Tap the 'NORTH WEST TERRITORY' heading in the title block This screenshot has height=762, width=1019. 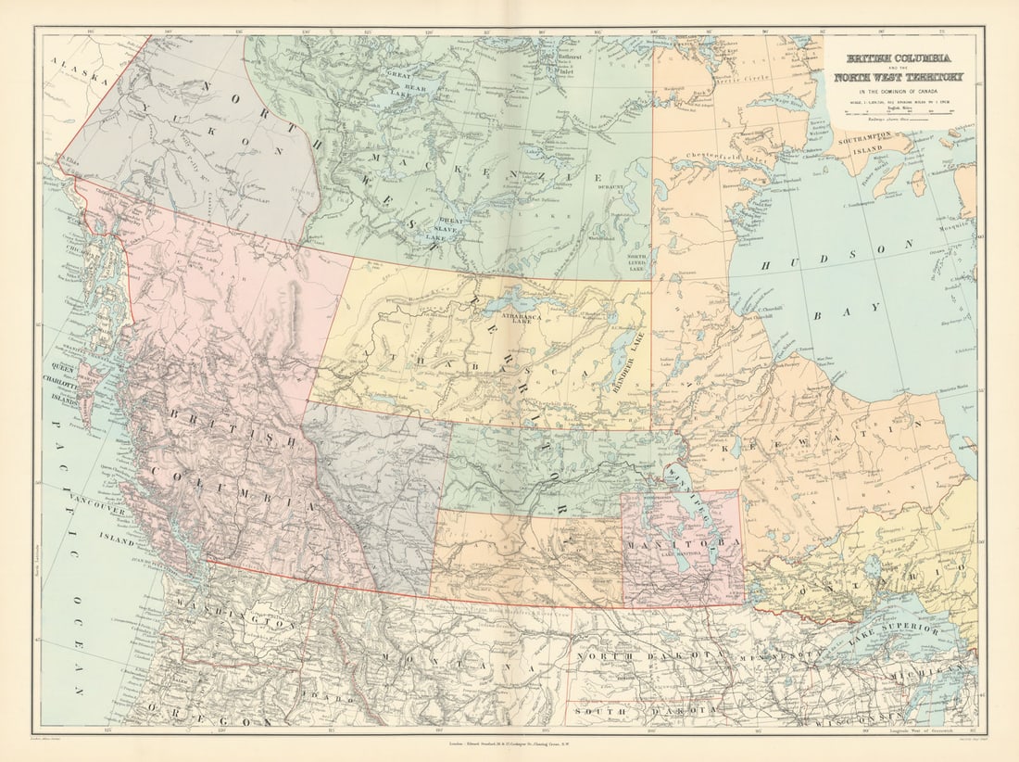[899, 77]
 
